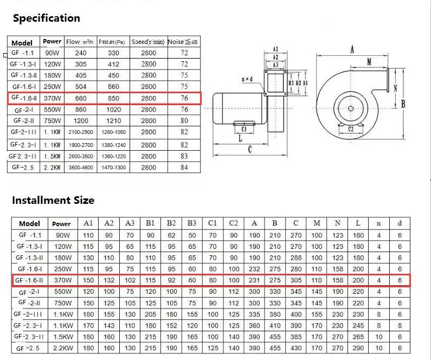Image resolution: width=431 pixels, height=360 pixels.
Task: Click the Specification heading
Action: [x=47, y=18]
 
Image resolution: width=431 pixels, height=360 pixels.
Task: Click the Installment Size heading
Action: [x=53, y=200]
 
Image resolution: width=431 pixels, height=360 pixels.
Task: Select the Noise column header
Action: [x=183, y=42]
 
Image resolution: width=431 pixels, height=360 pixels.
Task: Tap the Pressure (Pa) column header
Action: [x=112, y=42]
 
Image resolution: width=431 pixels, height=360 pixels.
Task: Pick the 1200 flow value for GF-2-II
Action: [x=81, y=121]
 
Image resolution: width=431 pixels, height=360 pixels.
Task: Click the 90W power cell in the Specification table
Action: [x=52, y=53]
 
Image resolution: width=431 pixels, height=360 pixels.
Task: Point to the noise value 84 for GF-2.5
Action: [x=184, y=168]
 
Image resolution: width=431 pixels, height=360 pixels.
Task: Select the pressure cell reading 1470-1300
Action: [x=113, y=168]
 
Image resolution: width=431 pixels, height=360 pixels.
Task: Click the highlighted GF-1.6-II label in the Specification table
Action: [x=24, y=98]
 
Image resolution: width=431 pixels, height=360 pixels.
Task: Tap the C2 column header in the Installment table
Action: [x=234, y=223]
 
